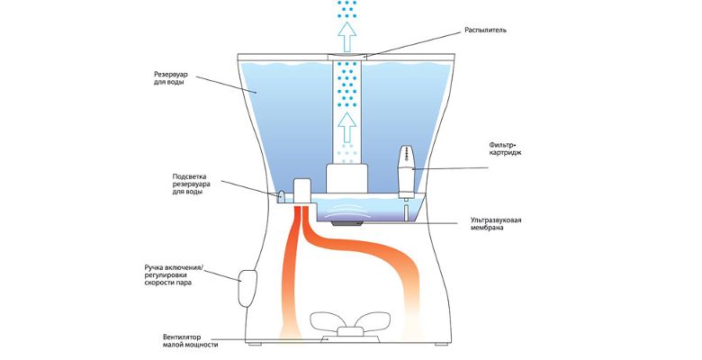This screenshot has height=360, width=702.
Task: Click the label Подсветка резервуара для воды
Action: (x=191, y=184)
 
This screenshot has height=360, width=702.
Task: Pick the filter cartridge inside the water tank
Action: (x=404, y=171)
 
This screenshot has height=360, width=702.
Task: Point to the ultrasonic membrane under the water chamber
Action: (x=347, y=218)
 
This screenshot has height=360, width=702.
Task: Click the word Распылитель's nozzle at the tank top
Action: (x=347, y=57)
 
